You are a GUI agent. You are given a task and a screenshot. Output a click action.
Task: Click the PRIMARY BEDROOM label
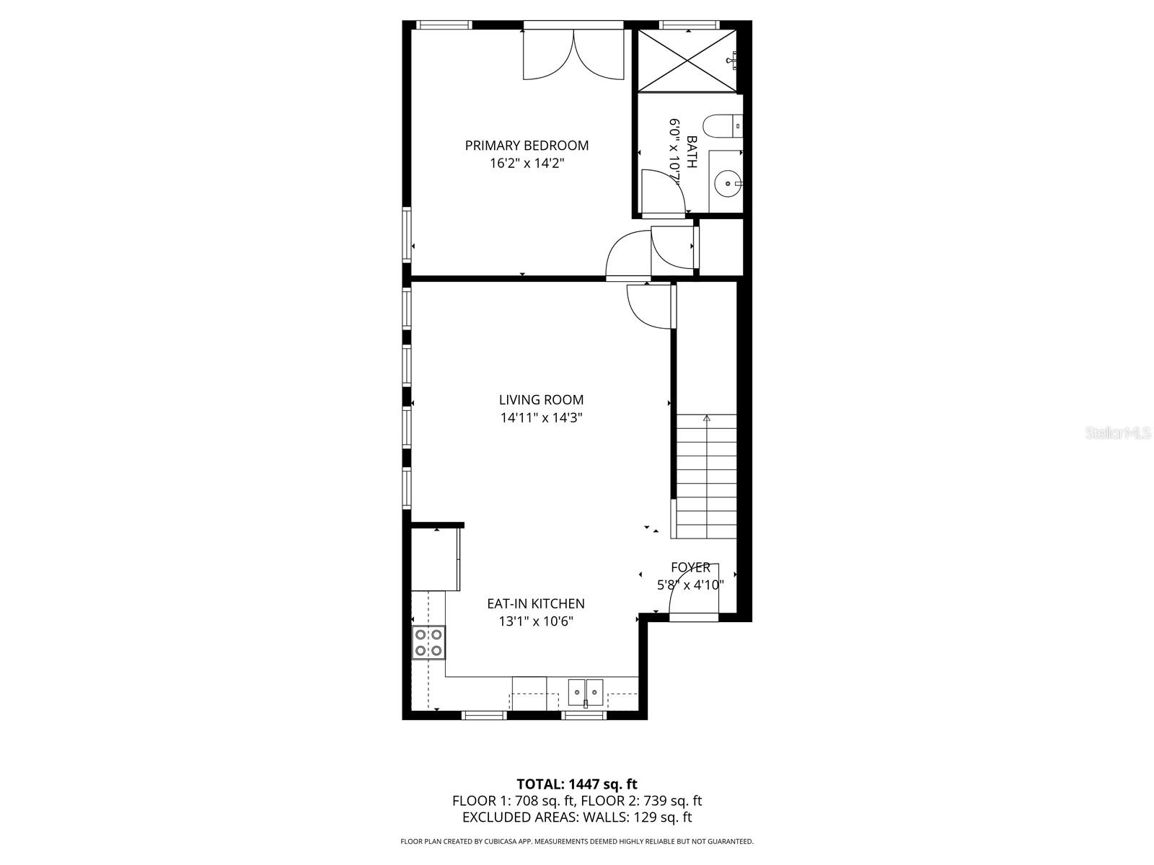coord(527,146)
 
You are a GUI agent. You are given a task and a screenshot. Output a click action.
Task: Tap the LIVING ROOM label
coord(541,399)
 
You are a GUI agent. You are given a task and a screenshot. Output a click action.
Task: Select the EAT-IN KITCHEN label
coord(536,603)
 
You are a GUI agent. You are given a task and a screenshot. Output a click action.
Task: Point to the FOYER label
coord(690,567)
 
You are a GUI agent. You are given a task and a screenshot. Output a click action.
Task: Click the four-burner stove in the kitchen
coord(428,642)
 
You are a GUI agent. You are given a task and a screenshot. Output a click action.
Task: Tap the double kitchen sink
coord(585,693)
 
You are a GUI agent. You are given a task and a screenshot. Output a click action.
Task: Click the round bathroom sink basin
coord(728,184)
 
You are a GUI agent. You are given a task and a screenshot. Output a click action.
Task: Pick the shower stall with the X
coord(687,61)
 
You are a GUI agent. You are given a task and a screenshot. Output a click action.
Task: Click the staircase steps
coord(706,476)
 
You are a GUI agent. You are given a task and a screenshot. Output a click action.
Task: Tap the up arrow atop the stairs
coord(707,419)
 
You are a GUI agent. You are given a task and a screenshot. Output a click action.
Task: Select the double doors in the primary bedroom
coord(573,55)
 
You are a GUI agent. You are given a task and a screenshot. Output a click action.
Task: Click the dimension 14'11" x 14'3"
coord(541,418)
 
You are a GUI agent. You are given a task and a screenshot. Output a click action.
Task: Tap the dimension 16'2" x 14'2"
coord(527,164)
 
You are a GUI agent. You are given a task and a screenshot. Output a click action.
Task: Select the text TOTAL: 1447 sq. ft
coord(577,785)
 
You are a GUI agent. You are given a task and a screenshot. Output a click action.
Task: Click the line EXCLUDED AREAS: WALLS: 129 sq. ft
coord(577,817)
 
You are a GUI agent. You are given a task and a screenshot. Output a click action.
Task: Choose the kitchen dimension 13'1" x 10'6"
coord(536,621)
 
